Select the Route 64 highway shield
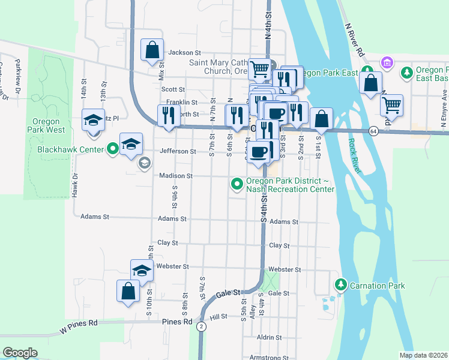[x=373, y=131]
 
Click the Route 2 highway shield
[x=202, y=326]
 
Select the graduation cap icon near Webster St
[x=142, y=271]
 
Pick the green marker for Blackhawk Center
[x=113, y=149]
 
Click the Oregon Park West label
[x=46, y=125]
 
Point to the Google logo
[x=20, y=353]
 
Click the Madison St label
[x=175, y=176]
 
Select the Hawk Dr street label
[x=75, y=185]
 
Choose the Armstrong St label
[x=269, y=357]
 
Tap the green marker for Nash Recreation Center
[x=237, y=184]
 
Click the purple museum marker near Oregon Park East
[x=387, y=62]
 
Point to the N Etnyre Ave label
[x=444, y=106]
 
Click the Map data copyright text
[x=423, y=355]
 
